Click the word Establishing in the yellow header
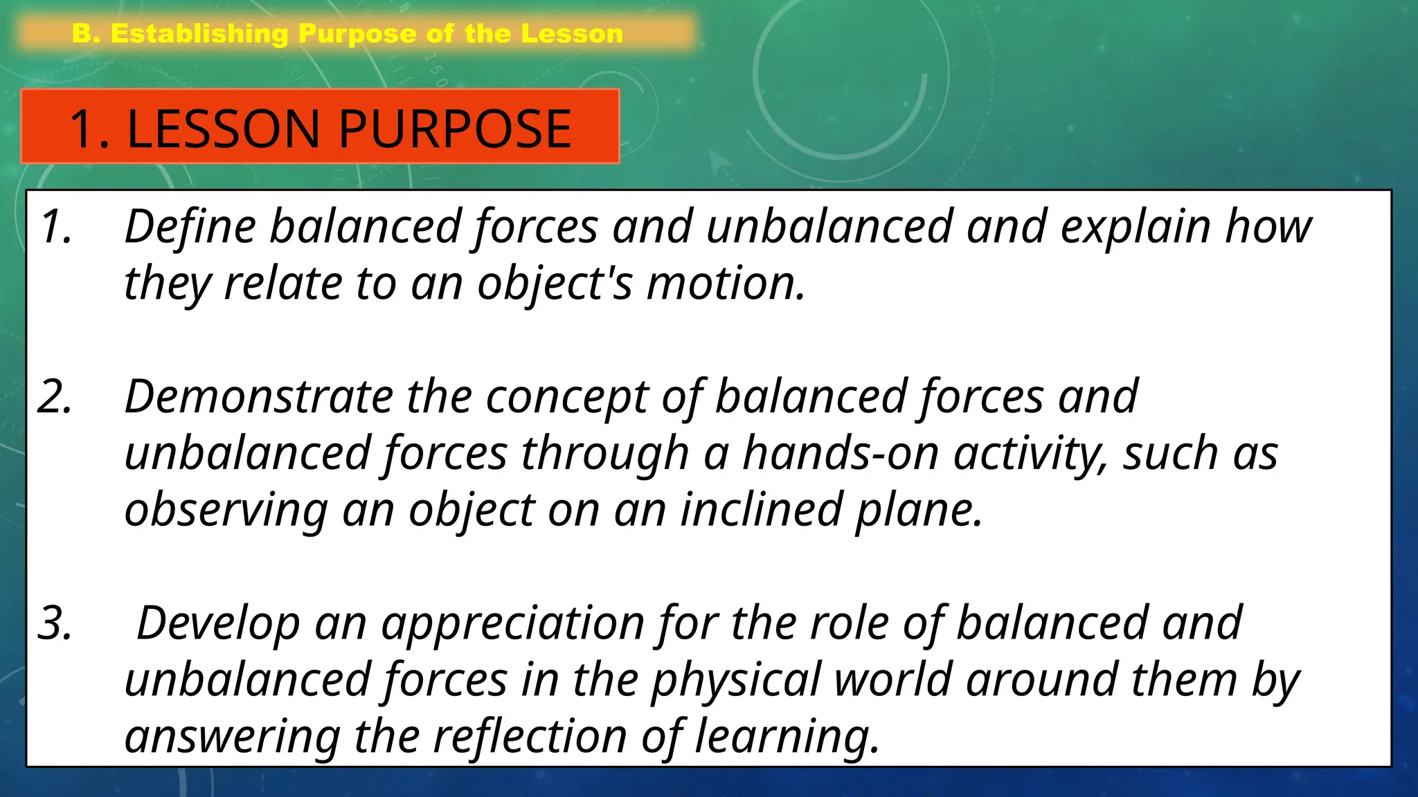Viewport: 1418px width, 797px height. pos(199,34)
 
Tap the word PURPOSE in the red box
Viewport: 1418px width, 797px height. pos(455,129)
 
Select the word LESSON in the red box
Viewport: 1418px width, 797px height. pos(224,129)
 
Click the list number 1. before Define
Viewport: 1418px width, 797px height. pos(57,227)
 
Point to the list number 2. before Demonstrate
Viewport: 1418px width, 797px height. pos(55,397)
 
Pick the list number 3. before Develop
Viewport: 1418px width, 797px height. pos(55,623)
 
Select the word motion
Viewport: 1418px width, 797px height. pos(726,284)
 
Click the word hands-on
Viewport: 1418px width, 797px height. pos(841,454)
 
